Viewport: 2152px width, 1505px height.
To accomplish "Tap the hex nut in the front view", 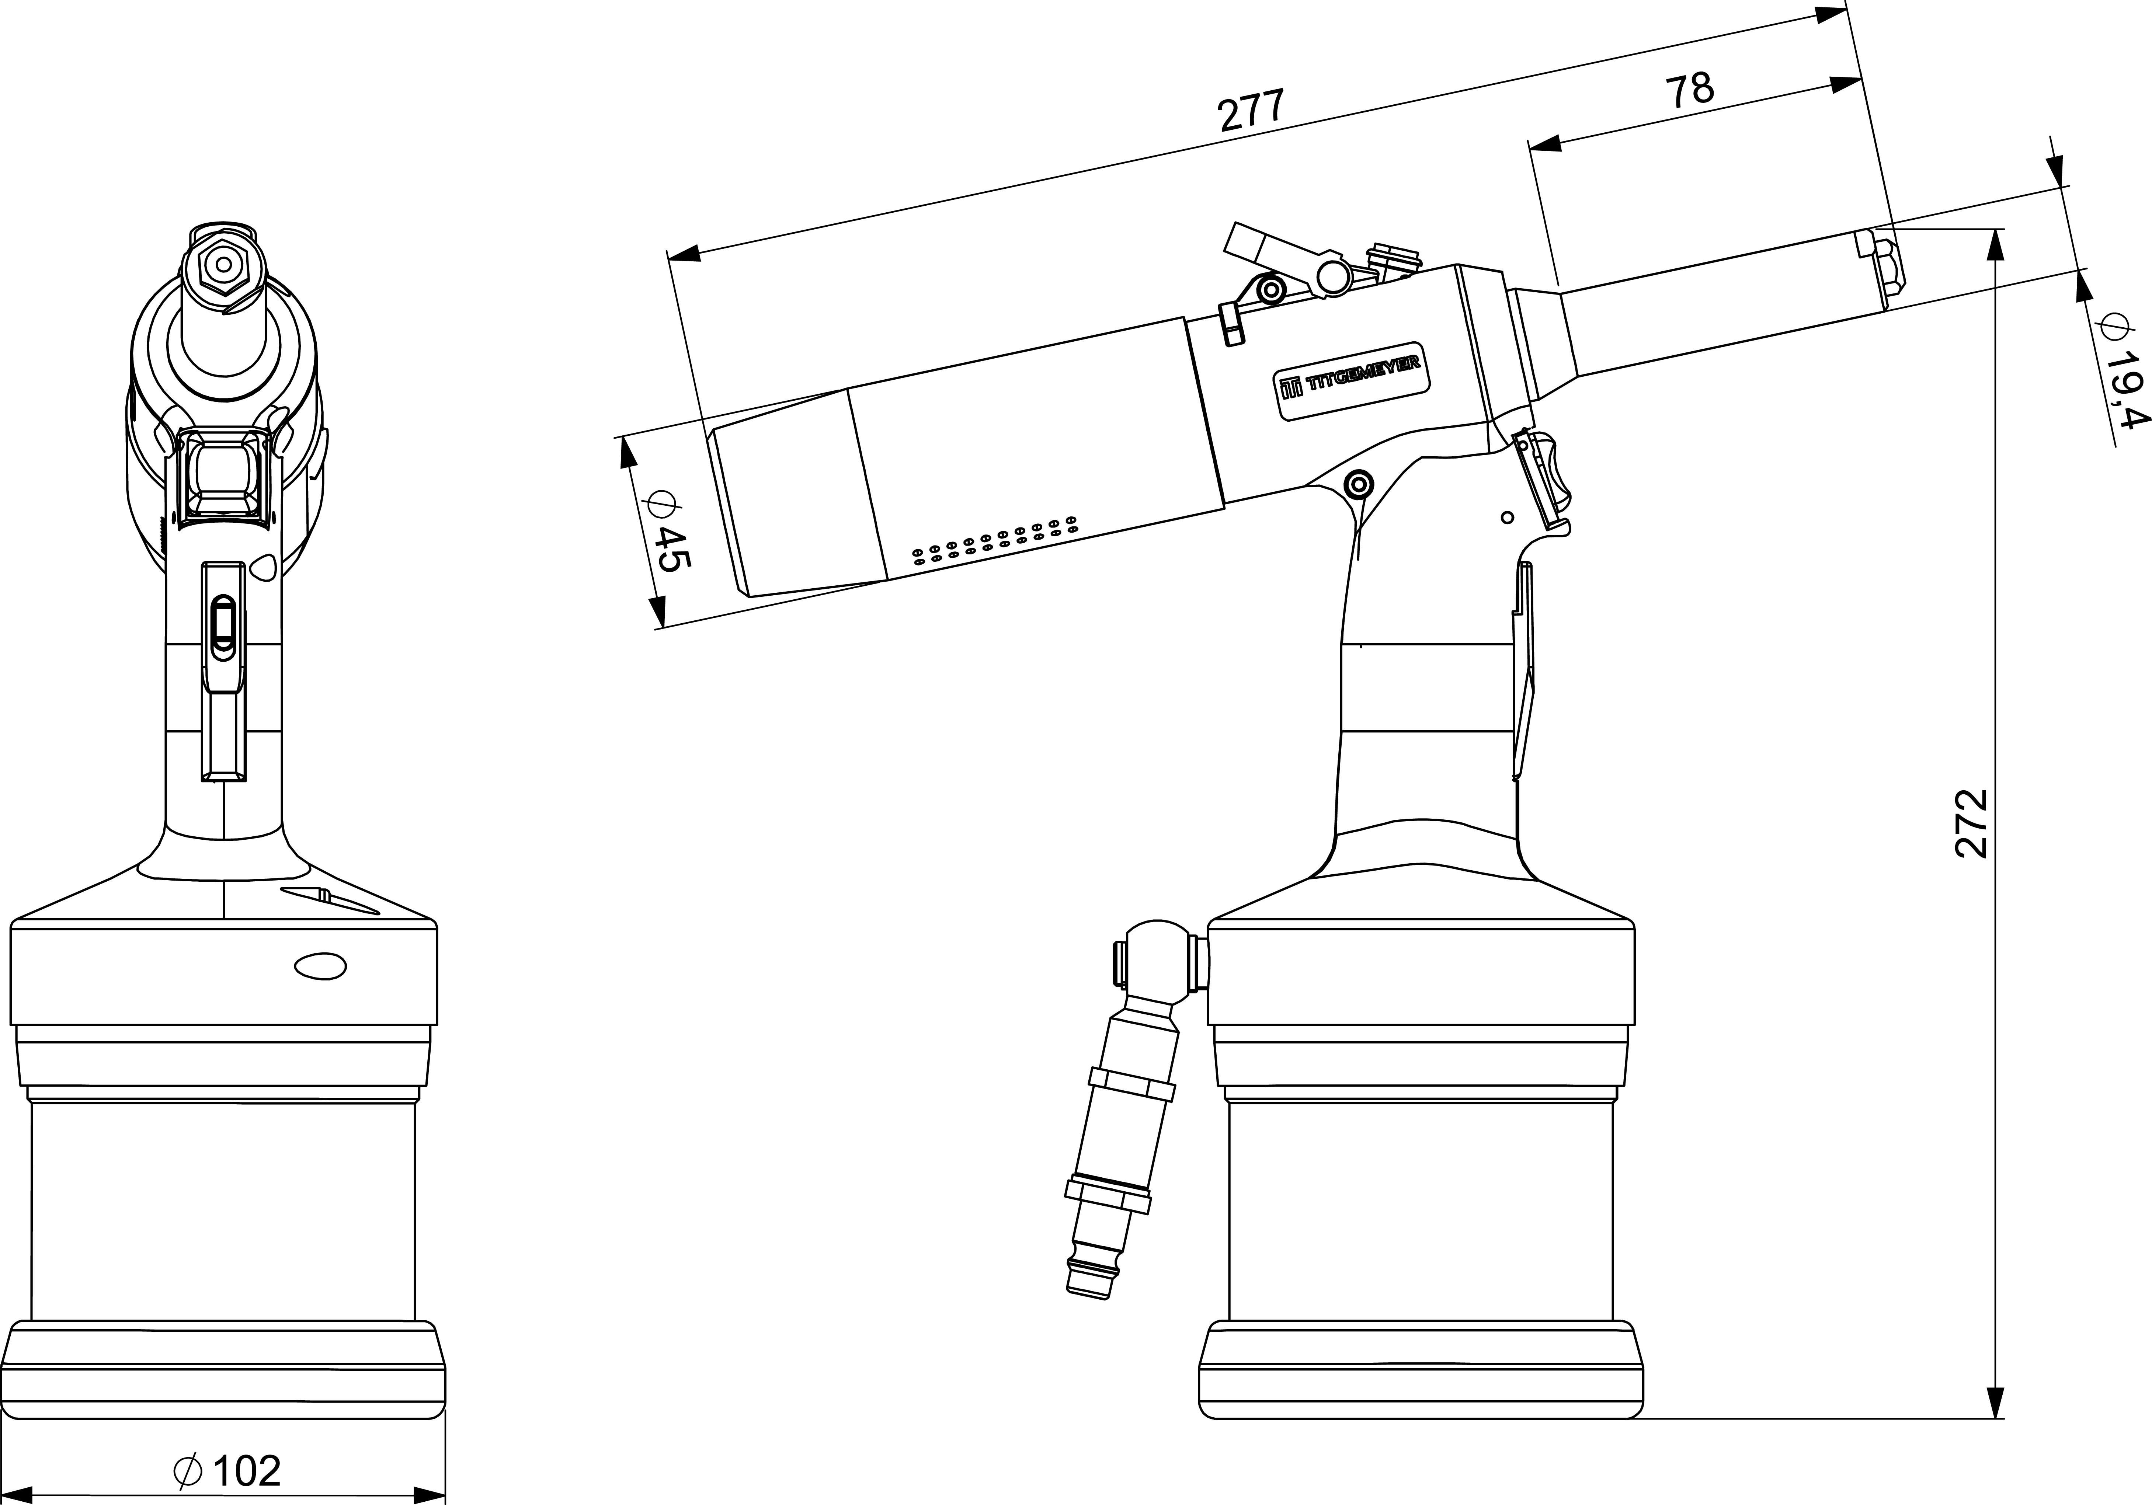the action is (x=223, y=264).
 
